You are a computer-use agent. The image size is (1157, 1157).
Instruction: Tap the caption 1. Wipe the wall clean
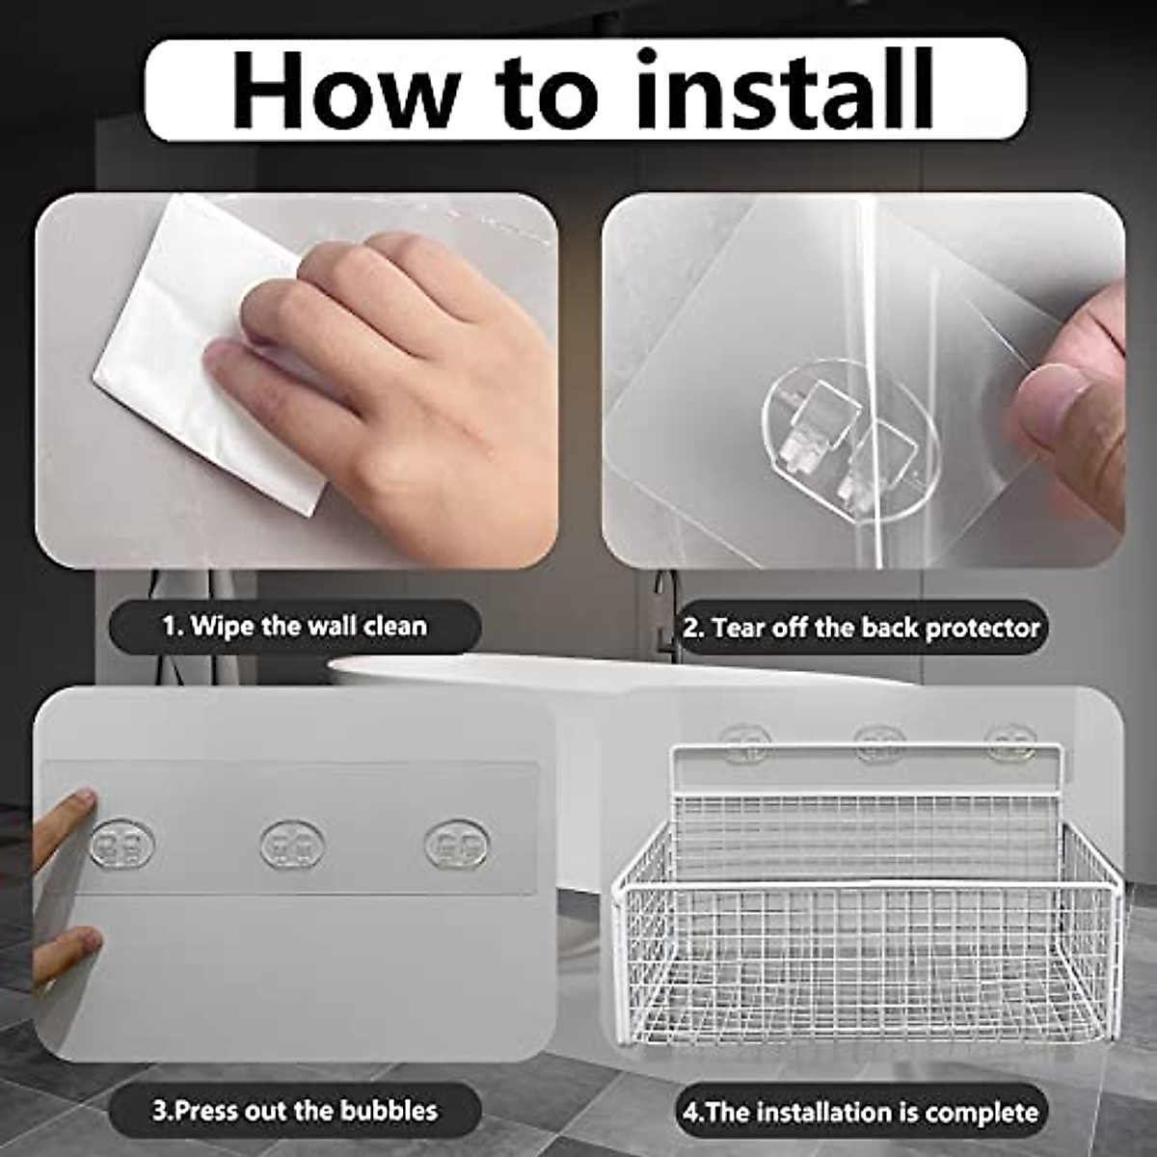[x=294, y=626]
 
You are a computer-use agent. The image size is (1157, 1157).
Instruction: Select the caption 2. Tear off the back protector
[x=862, y=628]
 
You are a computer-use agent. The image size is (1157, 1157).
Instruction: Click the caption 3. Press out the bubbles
[x=295, y=1110]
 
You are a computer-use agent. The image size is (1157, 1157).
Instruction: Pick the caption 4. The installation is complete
[x=861, y=1112]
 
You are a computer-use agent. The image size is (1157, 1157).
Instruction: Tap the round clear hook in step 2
[x=849, y=440]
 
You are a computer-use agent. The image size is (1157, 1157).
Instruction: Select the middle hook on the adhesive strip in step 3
[x=292, y=844]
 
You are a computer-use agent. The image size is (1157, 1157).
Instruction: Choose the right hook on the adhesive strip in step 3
[x=457, y=843]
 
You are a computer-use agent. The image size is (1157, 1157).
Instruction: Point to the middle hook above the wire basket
[x=879, y=740]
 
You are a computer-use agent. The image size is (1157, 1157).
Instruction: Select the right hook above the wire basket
[x=1010, y=740]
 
